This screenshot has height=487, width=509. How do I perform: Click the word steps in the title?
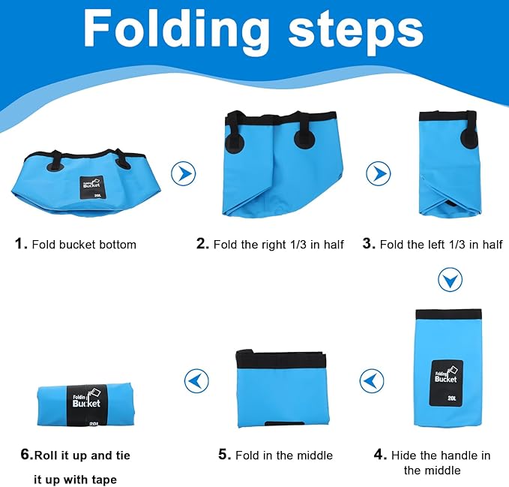click(356, 32)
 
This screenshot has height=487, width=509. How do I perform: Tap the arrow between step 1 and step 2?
click(184, 173)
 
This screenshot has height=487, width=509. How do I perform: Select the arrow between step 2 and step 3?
click(378, 173)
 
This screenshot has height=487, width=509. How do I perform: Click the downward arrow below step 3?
click(450, 280)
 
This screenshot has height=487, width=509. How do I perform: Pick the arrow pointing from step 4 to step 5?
click(372, 380)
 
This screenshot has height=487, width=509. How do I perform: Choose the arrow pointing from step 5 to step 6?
click(196, 380)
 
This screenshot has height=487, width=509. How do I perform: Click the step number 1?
click(21, 243)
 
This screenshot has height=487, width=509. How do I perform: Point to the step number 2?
click(202, 243)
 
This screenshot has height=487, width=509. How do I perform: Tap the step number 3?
click(369, 243)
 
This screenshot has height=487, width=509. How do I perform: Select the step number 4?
click(380, 455)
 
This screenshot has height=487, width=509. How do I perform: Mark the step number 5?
click(225, 455)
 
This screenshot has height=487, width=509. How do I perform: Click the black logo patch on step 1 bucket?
click(92, 188)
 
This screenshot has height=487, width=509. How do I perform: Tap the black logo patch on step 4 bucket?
click(446, 383)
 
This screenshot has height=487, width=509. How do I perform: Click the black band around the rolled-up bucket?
click(86, 405)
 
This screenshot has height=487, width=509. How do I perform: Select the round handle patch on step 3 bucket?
click(469, 139)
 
